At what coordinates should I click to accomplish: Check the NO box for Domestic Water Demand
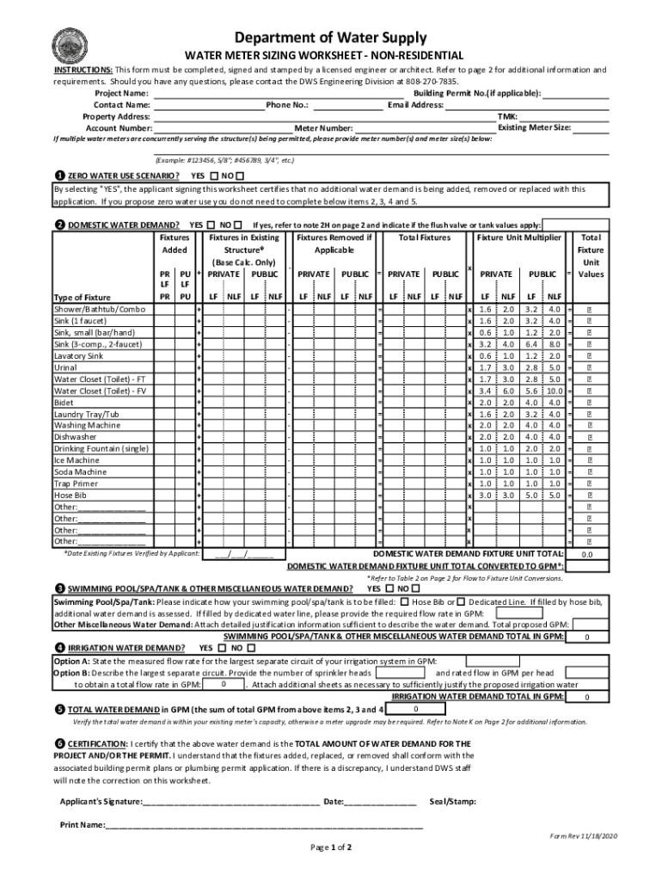[237, 225]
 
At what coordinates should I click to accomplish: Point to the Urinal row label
[65, 367]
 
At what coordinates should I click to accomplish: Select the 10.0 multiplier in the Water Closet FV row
[554, 391]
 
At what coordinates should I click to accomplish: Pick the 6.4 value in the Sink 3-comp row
[531, 344]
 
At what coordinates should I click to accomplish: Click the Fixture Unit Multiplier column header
[519, 237]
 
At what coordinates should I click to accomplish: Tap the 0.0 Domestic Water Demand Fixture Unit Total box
[588, 555]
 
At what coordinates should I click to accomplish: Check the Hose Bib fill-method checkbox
[404, 602]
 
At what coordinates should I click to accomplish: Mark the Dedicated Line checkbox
[463, 602]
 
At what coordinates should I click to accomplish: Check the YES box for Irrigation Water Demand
[224, 647]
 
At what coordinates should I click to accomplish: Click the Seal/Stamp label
[453, 802]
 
